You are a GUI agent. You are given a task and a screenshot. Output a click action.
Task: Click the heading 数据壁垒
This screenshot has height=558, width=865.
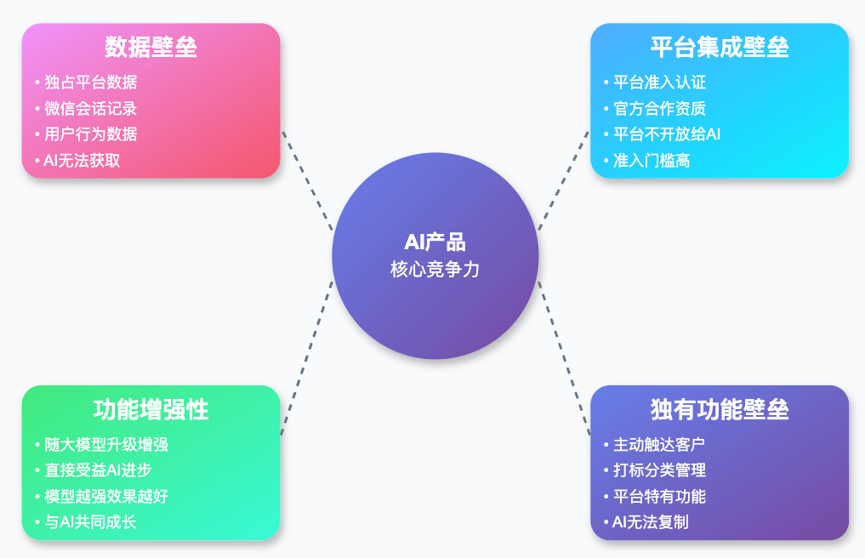151,47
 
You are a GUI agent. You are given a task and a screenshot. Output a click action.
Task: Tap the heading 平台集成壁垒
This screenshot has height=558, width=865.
720,47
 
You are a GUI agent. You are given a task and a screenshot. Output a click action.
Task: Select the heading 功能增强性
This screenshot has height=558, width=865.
151,409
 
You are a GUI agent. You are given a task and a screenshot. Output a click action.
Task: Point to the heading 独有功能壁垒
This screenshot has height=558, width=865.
720,409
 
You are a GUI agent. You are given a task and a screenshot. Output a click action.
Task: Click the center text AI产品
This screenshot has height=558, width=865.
435,242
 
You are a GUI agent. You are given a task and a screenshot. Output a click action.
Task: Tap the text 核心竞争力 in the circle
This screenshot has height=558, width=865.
435,270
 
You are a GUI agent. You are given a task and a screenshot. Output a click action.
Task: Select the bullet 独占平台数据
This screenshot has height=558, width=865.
90,83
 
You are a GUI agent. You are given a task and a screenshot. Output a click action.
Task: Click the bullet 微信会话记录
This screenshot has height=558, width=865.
90,109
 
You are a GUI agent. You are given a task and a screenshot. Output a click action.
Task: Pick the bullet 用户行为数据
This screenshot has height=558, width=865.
90,134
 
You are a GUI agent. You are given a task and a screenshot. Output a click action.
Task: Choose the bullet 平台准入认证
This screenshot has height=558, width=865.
659,83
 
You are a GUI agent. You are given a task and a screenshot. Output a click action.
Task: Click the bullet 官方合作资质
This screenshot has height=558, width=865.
659,109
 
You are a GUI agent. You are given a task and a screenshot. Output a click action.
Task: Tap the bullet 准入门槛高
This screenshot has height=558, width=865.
651,161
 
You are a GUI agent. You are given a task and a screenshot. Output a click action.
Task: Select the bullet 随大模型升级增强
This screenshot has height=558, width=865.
106,444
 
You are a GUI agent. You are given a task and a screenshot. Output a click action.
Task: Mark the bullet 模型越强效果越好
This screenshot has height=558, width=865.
106,496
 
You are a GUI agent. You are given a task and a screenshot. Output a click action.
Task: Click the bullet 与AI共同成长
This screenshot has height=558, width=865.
90,522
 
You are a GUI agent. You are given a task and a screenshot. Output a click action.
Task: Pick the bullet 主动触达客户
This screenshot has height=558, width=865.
659,444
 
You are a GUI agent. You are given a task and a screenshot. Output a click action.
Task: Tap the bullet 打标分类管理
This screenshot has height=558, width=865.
659,470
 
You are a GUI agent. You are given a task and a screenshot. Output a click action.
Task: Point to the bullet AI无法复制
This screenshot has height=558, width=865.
651,522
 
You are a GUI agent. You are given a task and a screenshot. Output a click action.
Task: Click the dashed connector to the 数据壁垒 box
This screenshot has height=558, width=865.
307,180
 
